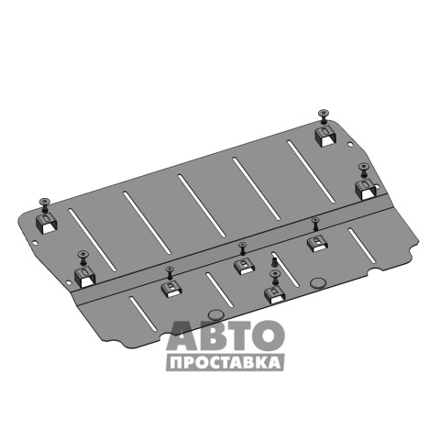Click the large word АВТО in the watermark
point(225,335)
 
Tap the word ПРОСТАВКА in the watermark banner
point(225,363)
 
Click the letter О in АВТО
point(269,335)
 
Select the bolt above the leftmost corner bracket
point(45,204)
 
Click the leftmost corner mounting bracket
point(47,224)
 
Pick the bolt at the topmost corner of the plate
point(324,116)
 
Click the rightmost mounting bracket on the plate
point(365,190)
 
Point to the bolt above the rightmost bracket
point(363,170)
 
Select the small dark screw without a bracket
point(274,261)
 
